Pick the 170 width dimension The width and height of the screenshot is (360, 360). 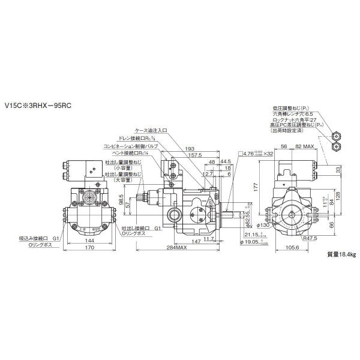[89, 247]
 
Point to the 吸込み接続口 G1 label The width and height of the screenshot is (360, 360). [38, 238]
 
